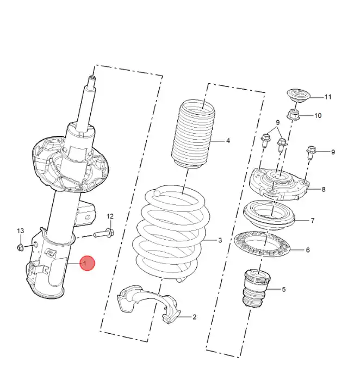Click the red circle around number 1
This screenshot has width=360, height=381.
(x=87, y=263)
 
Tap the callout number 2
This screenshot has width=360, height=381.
(x=195, y=317)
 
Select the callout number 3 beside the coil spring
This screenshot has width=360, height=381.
(x=220, y=240)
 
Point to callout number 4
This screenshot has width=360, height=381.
(x=228, y=141)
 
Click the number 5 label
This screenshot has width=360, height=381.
(x=284, y=289)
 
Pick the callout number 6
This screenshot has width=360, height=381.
(x=308, y=250)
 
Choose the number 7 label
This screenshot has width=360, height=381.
(x=313, y=220)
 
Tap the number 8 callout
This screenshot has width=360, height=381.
(x=324, y=189)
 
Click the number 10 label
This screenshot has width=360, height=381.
(x=318, y=115)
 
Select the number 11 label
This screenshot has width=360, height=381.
(x=328, y=97)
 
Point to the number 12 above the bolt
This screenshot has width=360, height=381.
(x=110, y=216)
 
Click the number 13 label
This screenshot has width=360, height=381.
(x=21, y=230)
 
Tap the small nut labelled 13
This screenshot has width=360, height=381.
(x=21, y=247)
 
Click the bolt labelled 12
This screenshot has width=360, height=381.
(x=104, y=234)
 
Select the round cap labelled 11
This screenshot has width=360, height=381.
(x=299, y=96)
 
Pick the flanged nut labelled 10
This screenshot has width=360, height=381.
(x=293, y=115)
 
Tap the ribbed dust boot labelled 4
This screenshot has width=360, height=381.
(x=193, y=134)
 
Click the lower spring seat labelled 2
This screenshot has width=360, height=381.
(x=149, y=304)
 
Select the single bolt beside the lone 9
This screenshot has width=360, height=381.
(x=311, y=152)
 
